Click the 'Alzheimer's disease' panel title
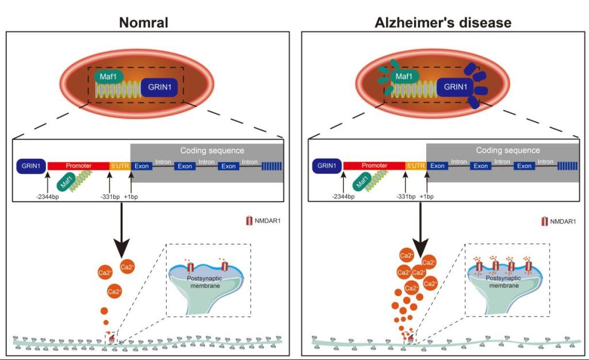click(x=442, y=22)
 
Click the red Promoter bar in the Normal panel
click(x=78, y=166)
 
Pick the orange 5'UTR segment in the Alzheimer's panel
click(x=415, y=166)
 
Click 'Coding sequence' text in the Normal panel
click(x=213, y=151)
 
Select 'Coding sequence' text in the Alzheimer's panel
click(x=508, y=151)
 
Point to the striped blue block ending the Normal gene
click(x=272, y=166)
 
